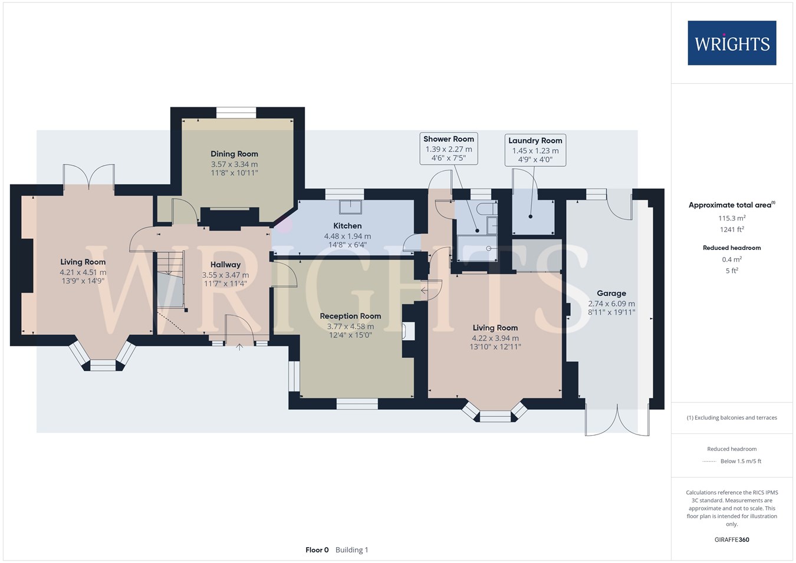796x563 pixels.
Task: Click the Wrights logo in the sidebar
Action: pyautogui.click(x=732, y=43)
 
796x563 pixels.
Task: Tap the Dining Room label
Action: pyautogui.click(x=234, y=154)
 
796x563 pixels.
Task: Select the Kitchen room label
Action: pyautogui.click(x=347, y=226)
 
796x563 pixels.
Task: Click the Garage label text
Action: pyautogui.click(x=611, y=294)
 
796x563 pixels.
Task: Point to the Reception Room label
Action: pyautogui.click(x=350, y=316)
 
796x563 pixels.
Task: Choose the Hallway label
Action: pyautogui.click(x=225, y=265)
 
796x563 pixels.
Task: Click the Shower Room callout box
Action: pyautogui.click(x=449, y=149)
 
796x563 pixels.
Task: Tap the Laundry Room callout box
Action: pyautogui.click(x=535, y=150)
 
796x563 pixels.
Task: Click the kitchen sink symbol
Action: pyautogui.click(x=350, y=207)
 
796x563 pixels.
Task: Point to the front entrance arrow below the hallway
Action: pyautogui.click(x=239, y=347)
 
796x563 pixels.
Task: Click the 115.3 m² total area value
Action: pyautogui.click(x=732, y=218)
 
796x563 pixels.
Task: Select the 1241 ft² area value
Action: pyautogui.click(x=732, y=229)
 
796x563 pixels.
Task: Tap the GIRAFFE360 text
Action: pyautogui.click(x=732, y=539)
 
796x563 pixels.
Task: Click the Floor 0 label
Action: pyautogui.click(x=317, y=550)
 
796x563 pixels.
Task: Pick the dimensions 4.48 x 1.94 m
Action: pyautogui.click(x=347, y=236)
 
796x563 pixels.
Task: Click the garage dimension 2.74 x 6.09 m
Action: pyautogui.click(x=611, y=304)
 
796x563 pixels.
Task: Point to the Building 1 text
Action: pyautogui.click(x=352, y=550)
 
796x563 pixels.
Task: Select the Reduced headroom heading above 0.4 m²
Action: pyautogui.click(x=732, y=248)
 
